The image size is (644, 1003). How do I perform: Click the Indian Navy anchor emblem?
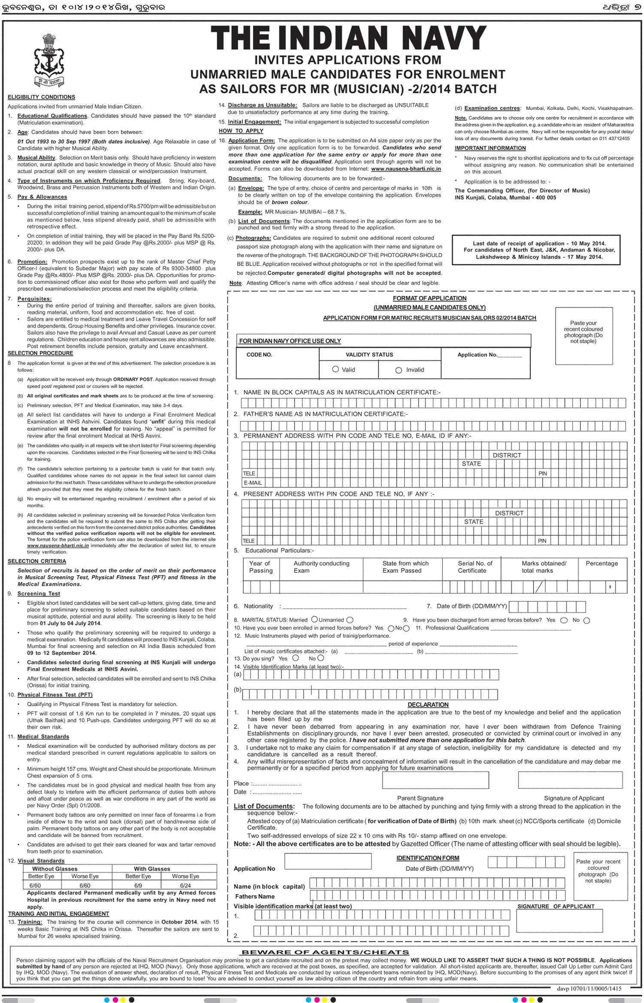tap(49, 60)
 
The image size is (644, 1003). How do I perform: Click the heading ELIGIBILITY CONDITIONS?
tap(41, 97)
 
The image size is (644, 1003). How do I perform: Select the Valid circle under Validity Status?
tap(336, 369)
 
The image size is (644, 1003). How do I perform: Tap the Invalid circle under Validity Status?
tap(399, 370)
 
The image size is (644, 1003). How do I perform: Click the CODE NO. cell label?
tap(259, 355)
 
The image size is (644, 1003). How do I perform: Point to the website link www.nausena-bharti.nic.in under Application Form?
tap(406, 169)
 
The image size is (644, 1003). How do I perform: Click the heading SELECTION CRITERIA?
tap(37, 561)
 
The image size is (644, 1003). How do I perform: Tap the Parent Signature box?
tap(435, 780)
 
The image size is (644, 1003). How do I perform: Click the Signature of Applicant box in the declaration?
tap(570, 780)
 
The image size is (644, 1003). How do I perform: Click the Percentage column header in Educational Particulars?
tap(601, 563)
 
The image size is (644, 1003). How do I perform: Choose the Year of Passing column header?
tap(260, 567)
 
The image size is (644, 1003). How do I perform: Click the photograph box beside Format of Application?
tap(583, 336)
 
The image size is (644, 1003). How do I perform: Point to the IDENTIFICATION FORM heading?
tap(428, 858)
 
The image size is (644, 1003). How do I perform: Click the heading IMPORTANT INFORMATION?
tap(490, 148)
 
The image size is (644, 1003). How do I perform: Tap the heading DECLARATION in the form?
tap(428, 705)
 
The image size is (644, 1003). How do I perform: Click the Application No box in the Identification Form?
tap(328, 861)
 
